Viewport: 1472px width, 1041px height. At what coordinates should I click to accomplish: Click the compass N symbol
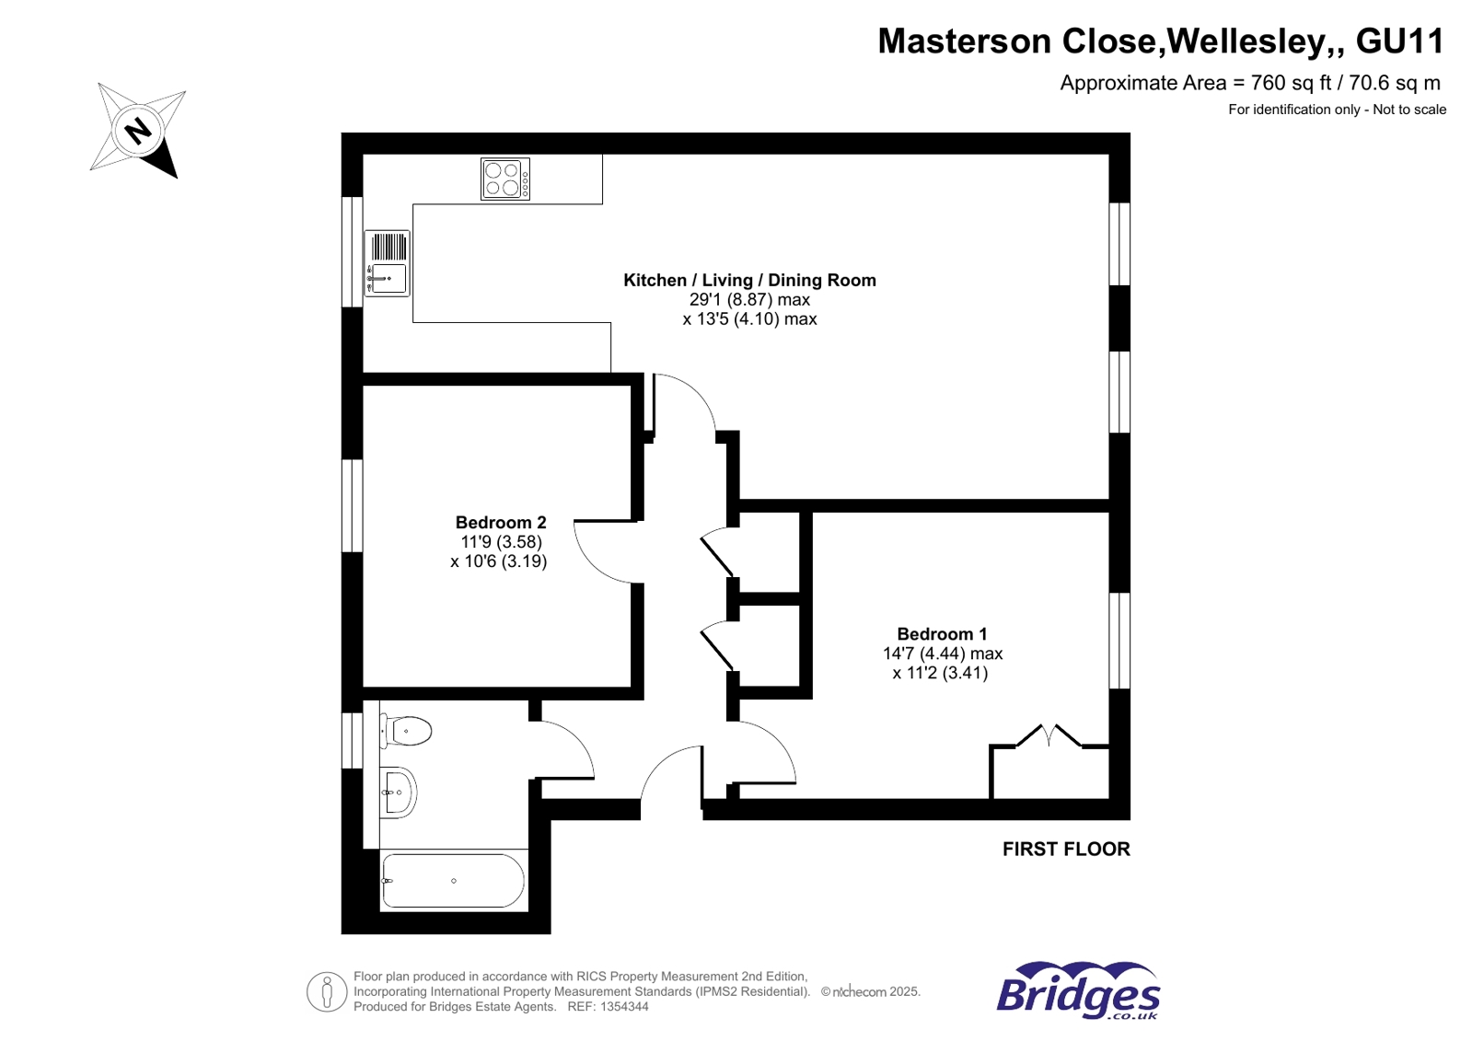coord(137,131)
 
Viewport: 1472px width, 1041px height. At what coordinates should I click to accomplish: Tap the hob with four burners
coord(505,179)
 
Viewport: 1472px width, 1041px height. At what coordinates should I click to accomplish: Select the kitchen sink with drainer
coord(388,262)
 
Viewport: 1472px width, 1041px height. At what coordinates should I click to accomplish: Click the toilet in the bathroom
coord(406,732)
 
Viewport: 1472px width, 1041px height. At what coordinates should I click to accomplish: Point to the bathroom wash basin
coord(399,792)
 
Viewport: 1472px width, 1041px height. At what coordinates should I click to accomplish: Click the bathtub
coord(453,881)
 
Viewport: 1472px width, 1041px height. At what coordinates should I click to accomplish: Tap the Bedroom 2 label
coord(501,522)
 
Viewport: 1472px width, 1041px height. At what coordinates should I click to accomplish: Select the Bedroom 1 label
coord(942,633)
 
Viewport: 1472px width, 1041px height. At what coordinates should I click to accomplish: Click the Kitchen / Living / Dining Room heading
coord(749,280)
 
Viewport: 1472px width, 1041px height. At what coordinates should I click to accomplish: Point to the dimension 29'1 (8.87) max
coord(749,299)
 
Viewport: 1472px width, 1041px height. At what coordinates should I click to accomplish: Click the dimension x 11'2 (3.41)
coord(940,673)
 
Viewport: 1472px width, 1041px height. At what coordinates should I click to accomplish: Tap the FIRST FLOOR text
coord(1066,849)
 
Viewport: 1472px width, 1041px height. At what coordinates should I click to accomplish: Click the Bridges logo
coord(1078,991)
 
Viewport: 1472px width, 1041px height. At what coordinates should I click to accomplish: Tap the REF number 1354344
coord(624,1007)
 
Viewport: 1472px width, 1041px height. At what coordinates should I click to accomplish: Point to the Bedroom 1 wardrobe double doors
coord(1049,735)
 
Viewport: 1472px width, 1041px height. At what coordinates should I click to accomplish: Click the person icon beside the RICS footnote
coord(326,991)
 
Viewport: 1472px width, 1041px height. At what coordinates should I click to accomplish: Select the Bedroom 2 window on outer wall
coord(352,505)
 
